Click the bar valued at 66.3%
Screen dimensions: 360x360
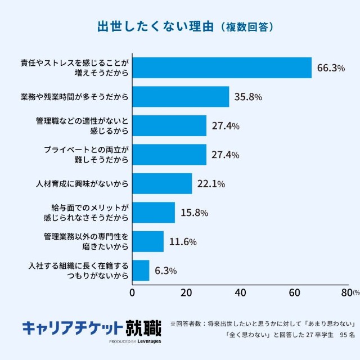point(222,67)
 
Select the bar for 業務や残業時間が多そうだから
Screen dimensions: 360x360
point(181,97)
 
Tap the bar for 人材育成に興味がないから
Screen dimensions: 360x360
point(162,183)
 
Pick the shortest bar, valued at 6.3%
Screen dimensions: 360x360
point(141,270)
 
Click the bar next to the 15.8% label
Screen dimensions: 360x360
point(154,213)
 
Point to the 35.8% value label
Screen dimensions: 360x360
point(247,97)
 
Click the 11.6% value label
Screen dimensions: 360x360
point(182,242)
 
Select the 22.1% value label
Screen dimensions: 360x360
point(211,183)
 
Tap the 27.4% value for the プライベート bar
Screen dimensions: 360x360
point(226,155)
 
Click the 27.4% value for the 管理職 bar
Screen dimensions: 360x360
point(226,126)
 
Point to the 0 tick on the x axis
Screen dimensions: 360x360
point(132,292)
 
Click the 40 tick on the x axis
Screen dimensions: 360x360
point(240,292)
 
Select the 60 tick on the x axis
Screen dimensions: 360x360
point(294,292)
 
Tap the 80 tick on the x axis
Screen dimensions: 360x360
point(346,292)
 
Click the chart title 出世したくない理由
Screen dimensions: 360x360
point(148,26)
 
